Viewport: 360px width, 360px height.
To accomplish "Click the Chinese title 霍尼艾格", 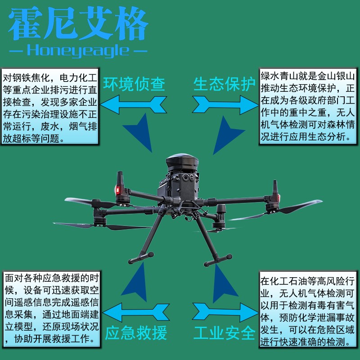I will click(x=79, y=24).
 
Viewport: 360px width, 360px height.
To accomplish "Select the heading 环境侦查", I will click(x=134, y=84).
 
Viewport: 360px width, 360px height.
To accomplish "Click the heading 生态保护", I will click(x=225, y=84).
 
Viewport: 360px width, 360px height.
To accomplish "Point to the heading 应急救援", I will click(x=136, y=333).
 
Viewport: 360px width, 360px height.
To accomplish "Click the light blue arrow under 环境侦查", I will click(x=134, y=104).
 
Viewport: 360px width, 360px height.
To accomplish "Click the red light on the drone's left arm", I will click(x=119, y=189).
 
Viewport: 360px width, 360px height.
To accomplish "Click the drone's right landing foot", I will click(x=219, y=260).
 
